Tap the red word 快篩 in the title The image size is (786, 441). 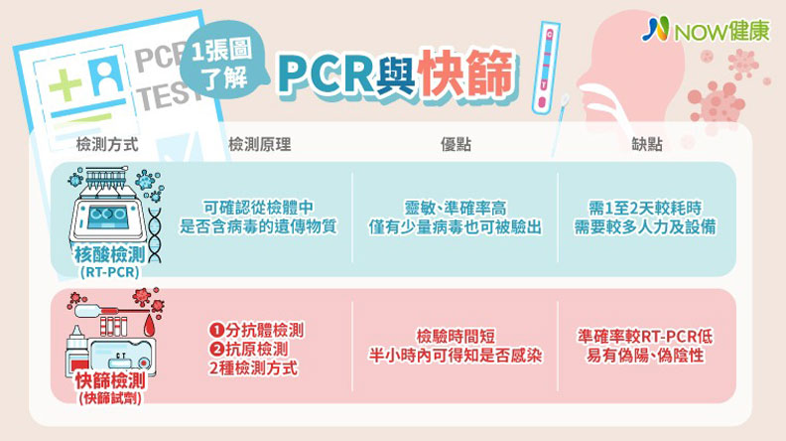click(467, 73)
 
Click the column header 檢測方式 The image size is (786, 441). click(107, 145)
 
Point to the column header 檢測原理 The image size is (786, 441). click(259, 145)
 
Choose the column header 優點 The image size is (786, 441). click(456, 145)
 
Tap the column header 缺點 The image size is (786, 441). click(647, 145)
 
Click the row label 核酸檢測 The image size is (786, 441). click(107, 255)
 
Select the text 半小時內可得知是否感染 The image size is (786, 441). click(456, 357)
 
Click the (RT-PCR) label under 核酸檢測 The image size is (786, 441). click(107, 271)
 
